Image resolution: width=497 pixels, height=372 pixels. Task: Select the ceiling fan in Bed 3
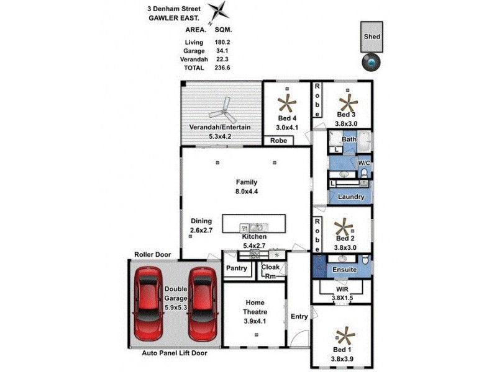pos(347,101)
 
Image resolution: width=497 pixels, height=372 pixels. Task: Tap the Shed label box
pos(372,37)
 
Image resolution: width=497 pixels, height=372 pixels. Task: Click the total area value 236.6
pos(222,68)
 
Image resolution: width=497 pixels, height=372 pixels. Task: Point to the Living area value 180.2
pos(222,42)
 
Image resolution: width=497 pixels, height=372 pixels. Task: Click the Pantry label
pos(237,268)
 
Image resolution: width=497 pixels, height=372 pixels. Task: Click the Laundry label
pos(350,197)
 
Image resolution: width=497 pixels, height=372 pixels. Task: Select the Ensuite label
pos(345,270)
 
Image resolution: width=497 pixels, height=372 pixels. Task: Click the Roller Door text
pos(152,254)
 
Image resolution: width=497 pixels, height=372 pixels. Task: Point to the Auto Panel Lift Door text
pos(174,353)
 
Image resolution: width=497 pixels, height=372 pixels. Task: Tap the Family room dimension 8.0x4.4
pos(246,192)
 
